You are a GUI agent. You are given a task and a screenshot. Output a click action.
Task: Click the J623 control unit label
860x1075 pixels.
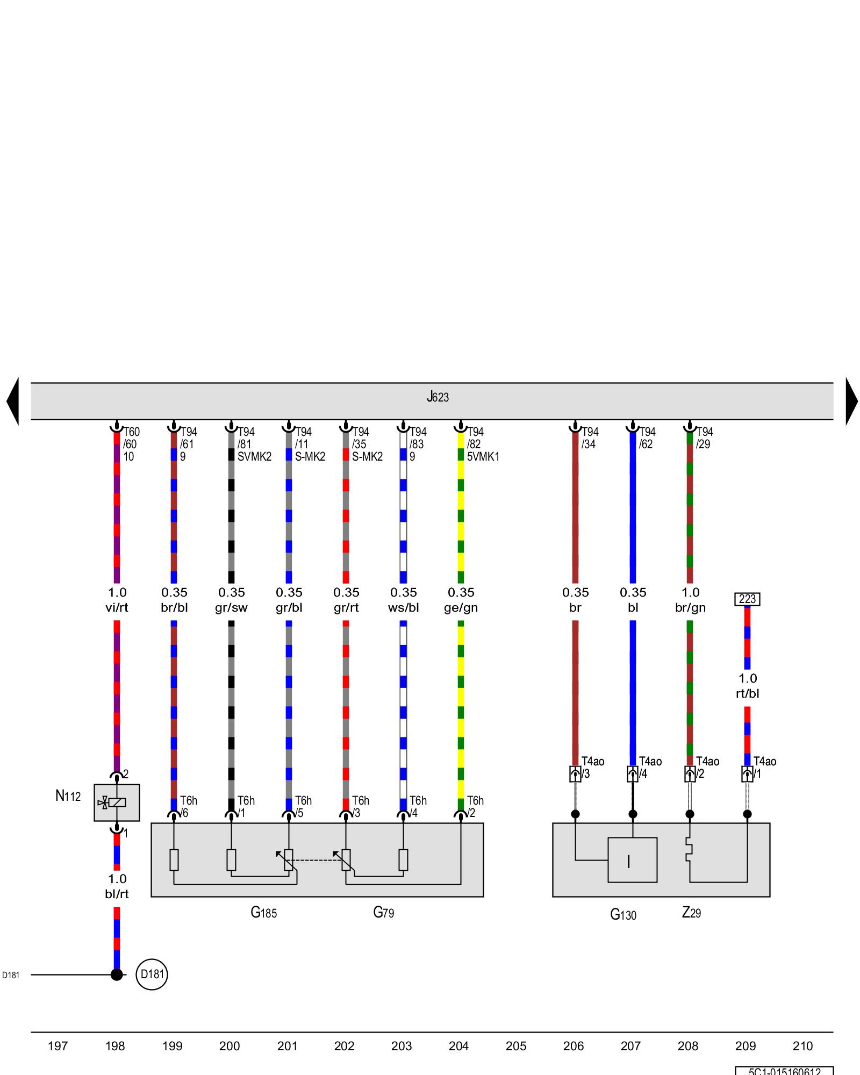438,397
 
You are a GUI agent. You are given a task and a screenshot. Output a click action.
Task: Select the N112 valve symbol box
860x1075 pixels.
117,802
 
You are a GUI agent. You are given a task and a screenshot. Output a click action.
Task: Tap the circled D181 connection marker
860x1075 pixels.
152,974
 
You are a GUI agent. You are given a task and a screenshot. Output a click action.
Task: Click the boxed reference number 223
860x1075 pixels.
747,599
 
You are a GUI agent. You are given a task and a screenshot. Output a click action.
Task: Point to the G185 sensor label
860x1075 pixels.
263,913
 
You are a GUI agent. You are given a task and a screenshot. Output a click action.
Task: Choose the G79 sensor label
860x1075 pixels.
383,913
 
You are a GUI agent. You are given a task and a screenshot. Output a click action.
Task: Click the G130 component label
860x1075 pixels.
623,914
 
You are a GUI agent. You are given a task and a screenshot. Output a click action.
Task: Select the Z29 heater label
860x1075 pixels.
691,913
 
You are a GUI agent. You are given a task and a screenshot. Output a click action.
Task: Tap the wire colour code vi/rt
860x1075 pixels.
117,608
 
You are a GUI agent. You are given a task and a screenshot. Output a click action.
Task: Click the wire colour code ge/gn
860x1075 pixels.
461,608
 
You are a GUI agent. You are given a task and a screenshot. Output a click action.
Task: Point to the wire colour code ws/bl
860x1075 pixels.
403,608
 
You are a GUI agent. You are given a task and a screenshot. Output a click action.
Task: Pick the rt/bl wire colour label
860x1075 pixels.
747,694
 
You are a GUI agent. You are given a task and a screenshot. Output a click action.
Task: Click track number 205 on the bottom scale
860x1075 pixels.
516,1046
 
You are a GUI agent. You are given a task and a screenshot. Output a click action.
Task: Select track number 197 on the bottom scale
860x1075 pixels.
58,1046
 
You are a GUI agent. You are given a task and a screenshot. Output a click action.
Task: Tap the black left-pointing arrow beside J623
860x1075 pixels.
13,401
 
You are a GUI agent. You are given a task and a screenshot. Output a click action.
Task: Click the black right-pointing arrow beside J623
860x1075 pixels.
851,401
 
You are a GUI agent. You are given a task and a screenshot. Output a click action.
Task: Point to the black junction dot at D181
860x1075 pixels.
117,974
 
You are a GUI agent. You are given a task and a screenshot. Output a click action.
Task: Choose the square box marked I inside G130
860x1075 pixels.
632,860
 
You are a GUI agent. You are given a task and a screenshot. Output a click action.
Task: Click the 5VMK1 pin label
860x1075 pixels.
483,457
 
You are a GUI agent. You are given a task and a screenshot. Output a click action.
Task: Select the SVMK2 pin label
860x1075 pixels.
254,457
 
